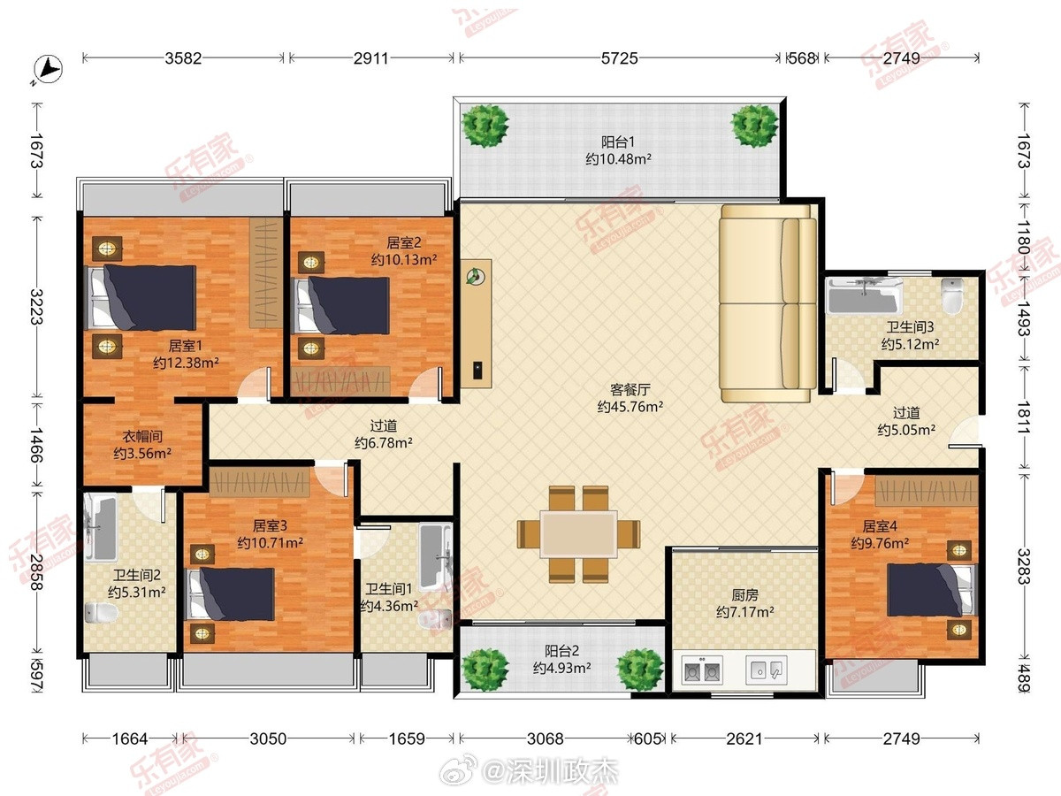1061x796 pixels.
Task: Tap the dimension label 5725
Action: [x=619, y=58]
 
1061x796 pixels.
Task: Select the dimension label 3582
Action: [x=183, y=58]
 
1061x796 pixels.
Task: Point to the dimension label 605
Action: [x=647, y=739]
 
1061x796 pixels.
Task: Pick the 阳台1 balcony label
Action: [x=618, y=142]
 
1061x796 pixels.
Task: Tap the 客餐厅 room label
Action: [x=630, y=389]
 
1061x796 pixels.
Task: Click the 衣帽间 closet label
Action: [x=142, y=436]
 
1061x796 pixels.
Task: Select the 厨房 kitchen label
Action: [x=744, y=595]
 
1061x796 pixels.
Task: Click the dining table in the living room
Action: [x=578, y=534]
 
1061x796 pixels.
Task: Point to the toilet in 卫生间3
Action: [x=952, y=296]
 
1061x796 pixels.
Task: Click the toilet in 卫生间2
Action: [x=101, y=613]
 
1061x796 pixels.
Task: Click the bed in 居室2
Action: [x=343, y=305]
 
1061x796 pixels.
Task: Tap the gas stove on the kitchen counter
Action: [x=702, y=670]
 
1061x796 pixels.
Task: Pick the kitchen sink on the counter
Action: [x=767, y=670]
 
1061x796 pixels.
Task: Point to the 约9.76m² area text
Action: [x=880, y=543]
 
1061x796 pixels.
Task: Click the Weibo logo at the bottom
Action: [x=457, y=770]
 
